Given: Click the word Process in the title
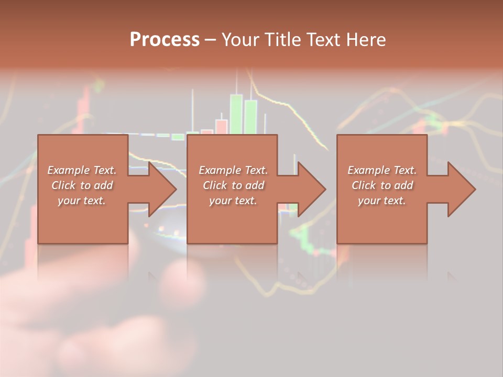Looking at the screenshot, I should pos(165,40).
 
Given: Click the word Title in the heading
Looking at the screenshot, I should pos(281,40).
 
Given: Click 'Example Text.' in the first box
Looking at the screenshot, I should pos(82,170).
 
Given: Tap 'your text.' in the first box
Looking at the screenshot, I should pos(82,201).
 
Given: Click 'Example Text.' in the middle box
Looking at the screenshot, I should pos(233,170).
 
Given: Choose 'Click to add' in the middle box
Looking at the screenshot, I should pos(233,185).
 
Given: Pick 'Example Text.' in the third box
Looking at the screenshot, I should pos(382,170).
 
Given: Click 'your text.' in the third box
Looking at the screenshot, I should pos(382,201).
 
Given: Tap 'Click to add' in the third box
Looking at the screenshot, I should pos(382,185).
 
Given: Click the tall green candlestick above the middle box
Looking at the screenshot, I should pos(236,113).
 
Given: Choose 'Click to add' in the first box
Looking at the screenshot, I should pos(82,185).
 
